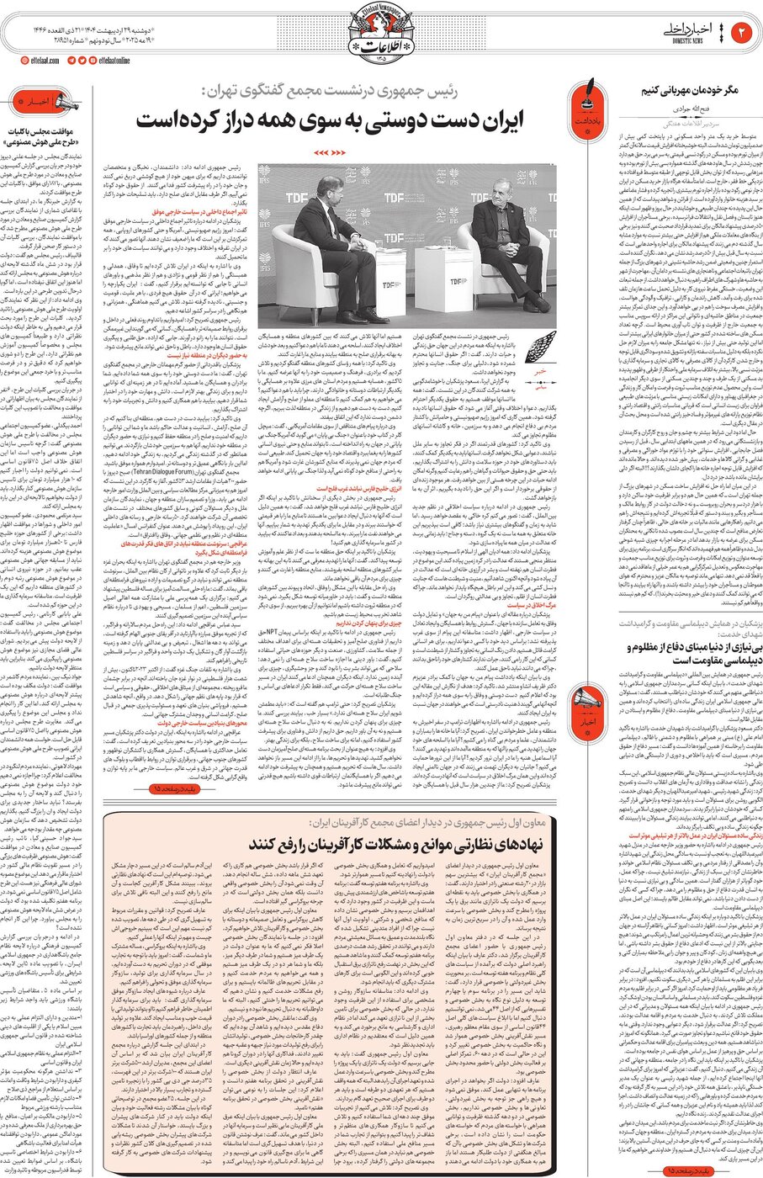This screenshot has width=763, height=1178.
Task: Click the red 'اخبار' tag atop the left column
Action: [x=40, y=101]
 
